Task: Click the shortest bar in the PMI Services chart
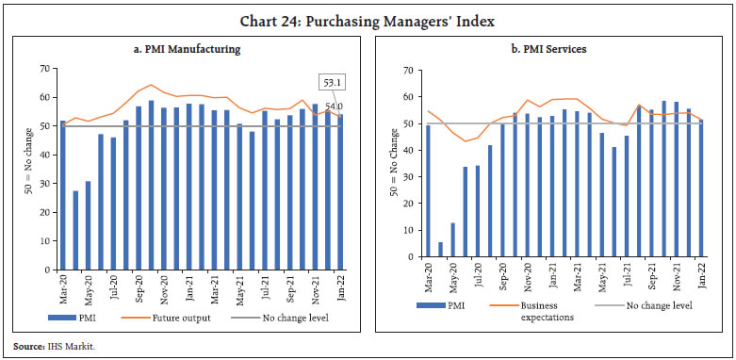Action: coord(440,249)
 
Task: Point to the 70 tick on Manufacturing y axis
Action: coord(43,68)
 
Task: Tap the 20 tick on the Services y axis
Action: coord(408,204)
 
